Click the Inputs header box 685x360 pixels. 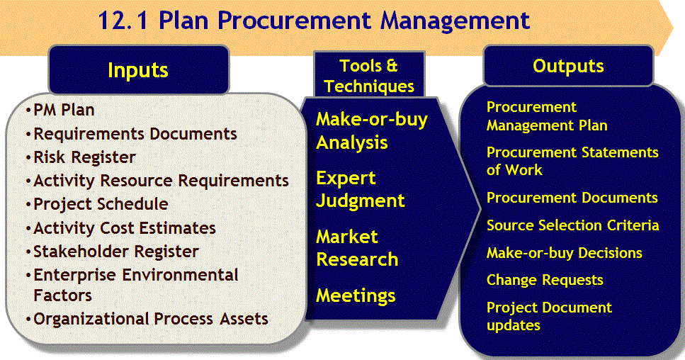[139, 70]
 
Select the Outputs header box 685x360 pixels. [568, 65]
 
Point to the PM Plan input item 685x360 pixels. [64, 110]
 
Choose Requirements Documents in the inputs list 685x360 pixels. [135, 134]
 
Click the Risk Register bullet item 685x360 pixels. [84, 157]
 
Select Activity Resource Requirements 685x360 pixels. [161, 181]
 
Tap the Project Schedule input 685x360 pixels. [101, 204]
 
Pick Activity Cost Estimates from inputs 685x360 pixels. [125, 227]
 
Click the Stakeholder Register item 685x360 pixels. [115, 251]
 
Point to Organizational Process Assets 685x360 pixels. [151, 318]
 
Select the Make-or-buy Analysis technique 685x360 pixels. [372, 130]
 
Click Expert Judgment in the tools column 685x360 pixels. [361, 189]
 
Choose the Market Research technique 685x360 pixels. [357, 248]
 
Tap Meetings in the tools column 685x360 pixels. [356, 296]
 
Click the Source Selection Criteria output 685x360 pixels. [573, 225]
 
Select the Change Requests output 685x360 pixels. [545, 280]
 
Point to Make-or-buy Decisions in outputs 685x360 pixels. [565, 252]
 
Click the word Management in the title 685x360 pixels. [455, 21]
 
